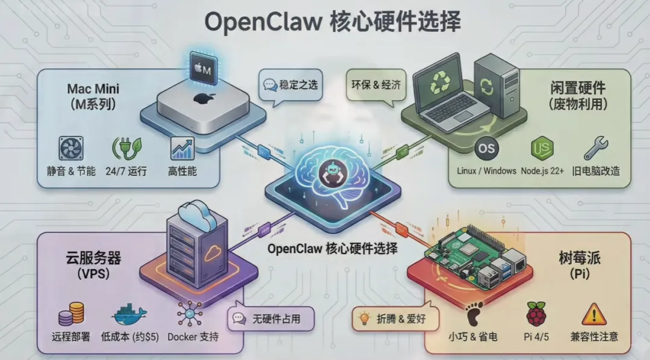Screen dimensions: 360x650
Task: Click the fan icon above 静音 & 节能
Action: click(x=71, y=148)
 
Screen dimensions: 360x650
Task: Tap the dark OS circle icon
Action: click(x=486, y=148)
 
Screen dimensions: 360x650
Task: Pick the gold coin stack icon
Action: click(x=72, y=314)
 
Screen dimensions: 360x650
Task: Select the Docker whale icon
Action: click(x=129, y=314)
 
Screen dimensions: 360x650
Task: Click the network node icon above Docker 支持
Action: click(x=187, y=314)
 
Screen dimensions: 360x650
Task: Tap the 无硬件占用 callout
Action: click(x=271, y=320)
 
